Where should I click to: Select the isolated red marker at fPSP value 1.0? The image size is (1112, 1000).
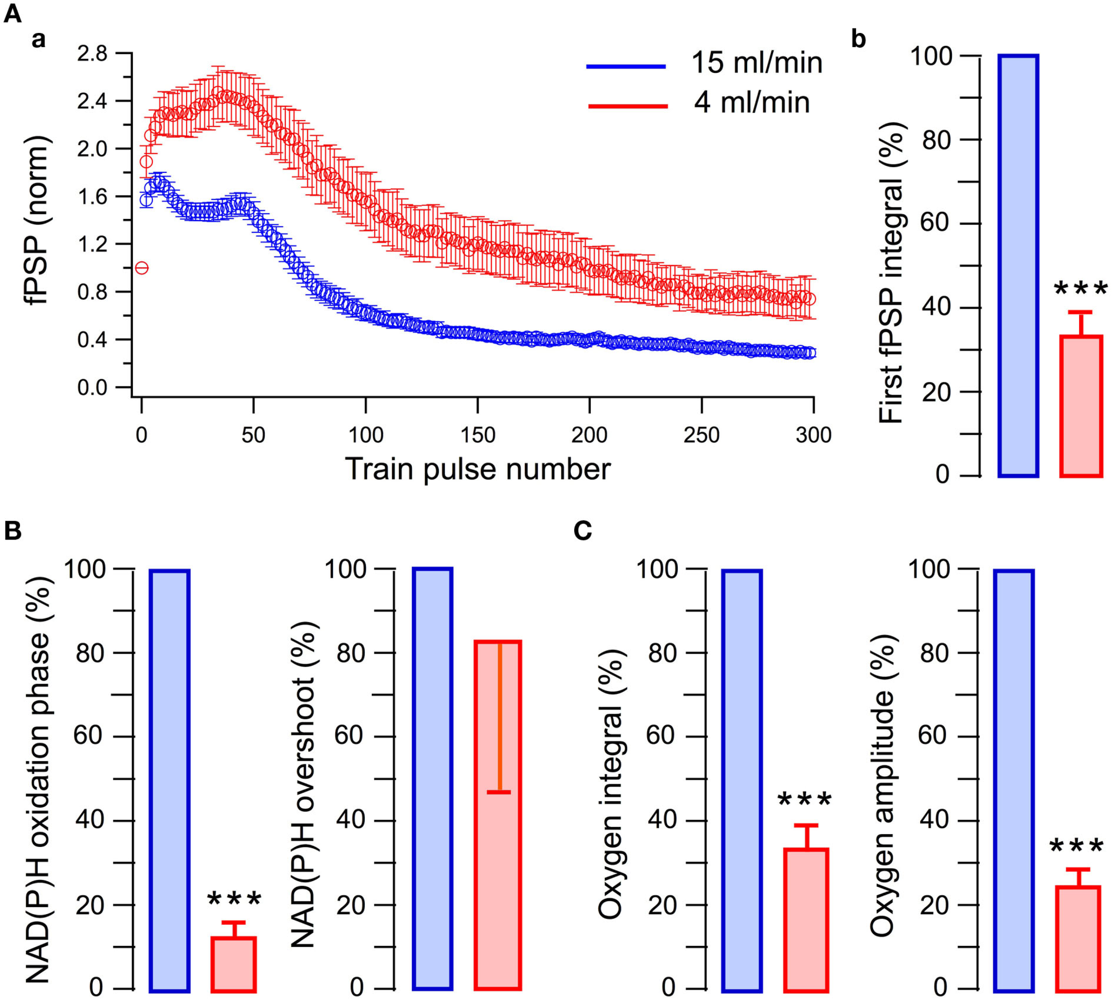point(142,268)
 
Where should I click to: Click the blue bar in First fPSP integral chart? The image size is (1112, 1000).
point(1018,266)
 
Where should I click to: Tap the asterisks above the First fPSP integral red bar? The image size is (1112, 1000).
point(1080,290)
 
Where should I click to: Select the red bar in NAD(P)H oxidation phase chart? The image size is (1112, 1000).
point(234,964)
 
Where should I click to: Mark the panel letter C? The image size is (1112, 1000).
point(582,531)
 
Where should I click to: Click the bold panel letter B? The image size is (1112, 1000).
point(12,531)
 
